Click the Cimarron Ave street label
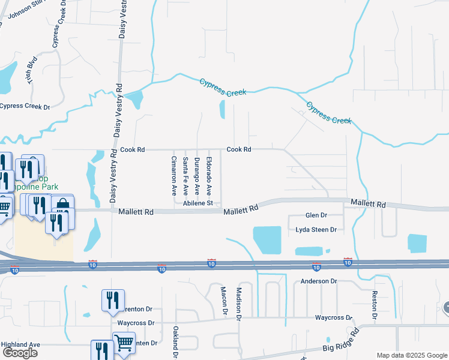tap(173, 176)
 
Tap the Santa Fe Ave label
tap(185, 176)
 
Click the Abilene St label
tap(199, 203)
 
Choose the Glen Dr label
tap(316, 215)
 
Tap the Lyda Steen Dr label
tap(316, 230)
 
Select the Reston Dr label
tap(374, 305)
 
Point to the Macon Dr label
tap(224, 301)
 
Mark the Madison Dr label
tap(238, 304)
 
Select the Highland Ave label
tap(20, 344)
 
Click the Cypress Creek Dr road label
tap(25, 106)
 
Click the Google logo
tap(20, 353)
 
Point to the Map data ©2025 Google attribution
tap(412, 355)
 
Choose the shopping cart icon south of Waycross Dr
tap(124, 344)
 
